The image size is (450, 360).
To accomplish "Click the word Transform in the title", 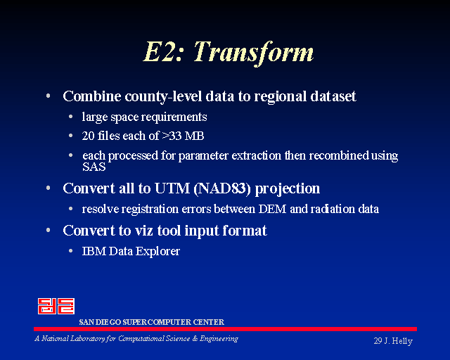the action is pos(254,52).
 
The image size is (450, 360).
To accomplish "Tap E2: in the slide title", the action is pos(163,51).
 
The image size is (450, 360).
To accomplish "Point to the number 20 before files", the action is pos(88,136).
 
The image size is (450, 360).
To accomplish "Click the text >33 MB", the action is pos(183,136).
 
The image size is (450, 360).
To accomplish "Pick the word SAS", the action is pos(94,167).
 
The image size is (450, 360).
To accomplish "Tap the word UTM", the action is pos(172,188).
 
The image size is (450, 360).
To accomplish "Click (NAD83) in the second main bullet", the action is pos(222,188).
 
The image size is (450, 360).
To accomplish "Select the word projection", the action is pos(288,189).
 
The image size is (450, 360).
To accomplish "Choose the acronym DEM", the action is pos(272,209).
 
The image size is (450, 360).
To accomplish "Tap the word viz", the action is pos(143,231).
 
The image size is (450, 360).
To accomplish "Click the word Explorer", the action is pos(157,252).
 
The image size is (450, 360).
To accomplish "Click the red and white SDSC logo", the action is pos(56,306).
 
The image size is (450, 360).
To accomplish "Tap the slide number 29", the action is pos(378,341).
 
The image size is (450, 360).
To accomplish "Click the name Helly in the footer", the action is pos(402,341).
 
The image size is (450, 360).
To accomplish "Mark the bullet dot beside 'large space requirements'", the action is pos(70,117).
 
